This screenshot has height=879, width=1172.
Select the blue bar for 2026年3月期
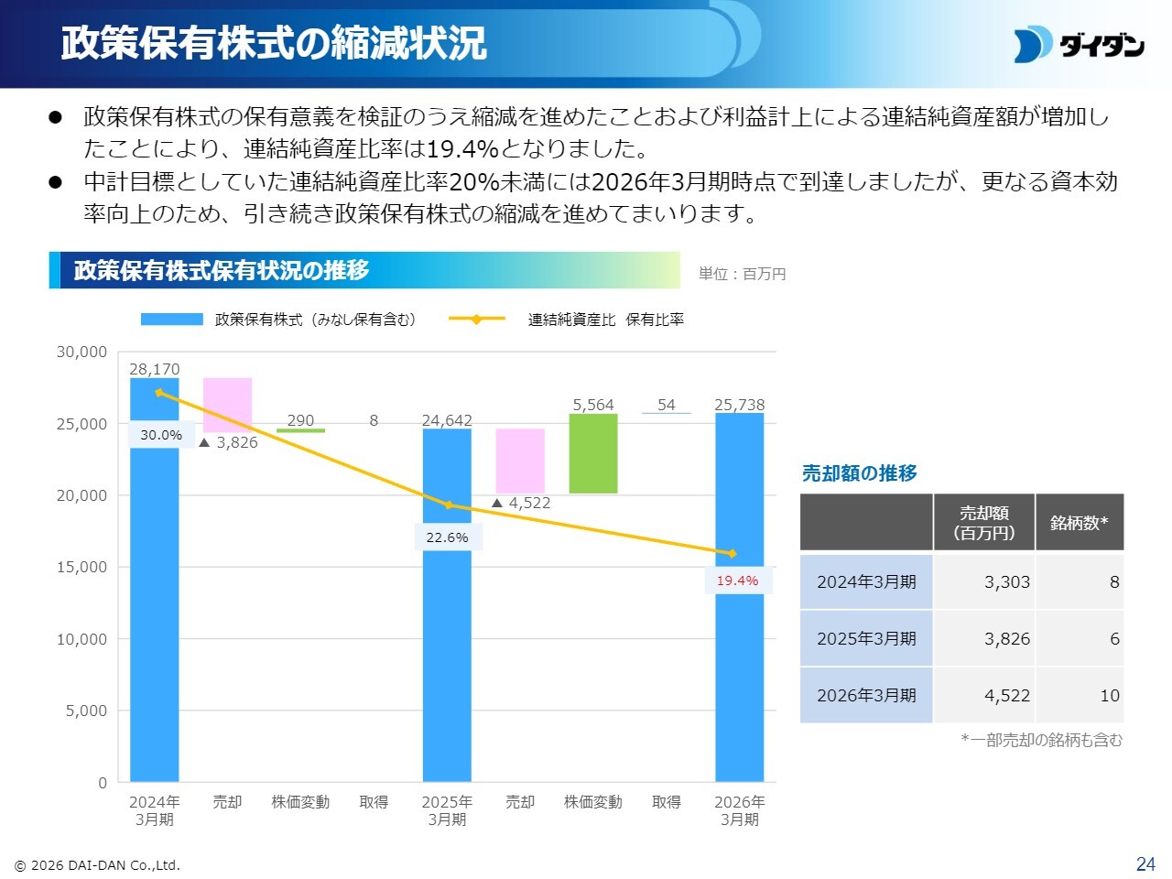tap(740, 597)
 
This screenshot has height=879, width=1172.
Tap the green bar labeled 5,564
tap(593, 453)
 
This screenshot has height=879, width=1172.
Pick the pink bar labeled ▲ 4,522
tap(520, 461)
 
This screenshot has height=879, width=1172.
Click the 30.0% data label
tap(161, 435)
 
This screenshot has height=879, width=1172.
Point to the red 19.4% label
tap(737, 581)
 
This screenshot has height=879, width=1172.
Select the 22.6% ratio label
tap(447, 537)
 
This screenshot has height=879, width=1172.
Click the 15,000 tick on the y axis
tap(81, 567)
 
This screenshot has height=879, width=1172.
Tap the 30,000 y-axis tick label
tap(81, 352)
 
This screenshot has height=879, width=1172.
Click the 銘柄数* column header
tap(1080, 523)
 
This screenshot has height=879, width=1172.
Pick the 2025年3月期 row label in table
tap(866, 638)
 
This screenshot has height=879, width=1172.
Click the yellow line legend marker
tap(477, 320)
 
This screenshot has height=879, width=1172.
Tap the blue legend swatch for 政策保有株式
tap(172, 320)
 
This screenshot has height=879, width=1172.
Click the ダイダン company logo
tap(1079, 44)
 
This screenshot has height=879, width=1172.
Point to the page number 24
tap(1145, 863)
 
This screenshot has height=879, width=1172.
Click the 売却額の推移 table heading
tap(859, 472)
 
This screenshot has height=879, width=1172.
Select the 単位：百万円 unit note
tap(742, 274)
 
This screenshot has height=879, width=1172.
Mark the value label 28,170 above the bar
tap(155, 369)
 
